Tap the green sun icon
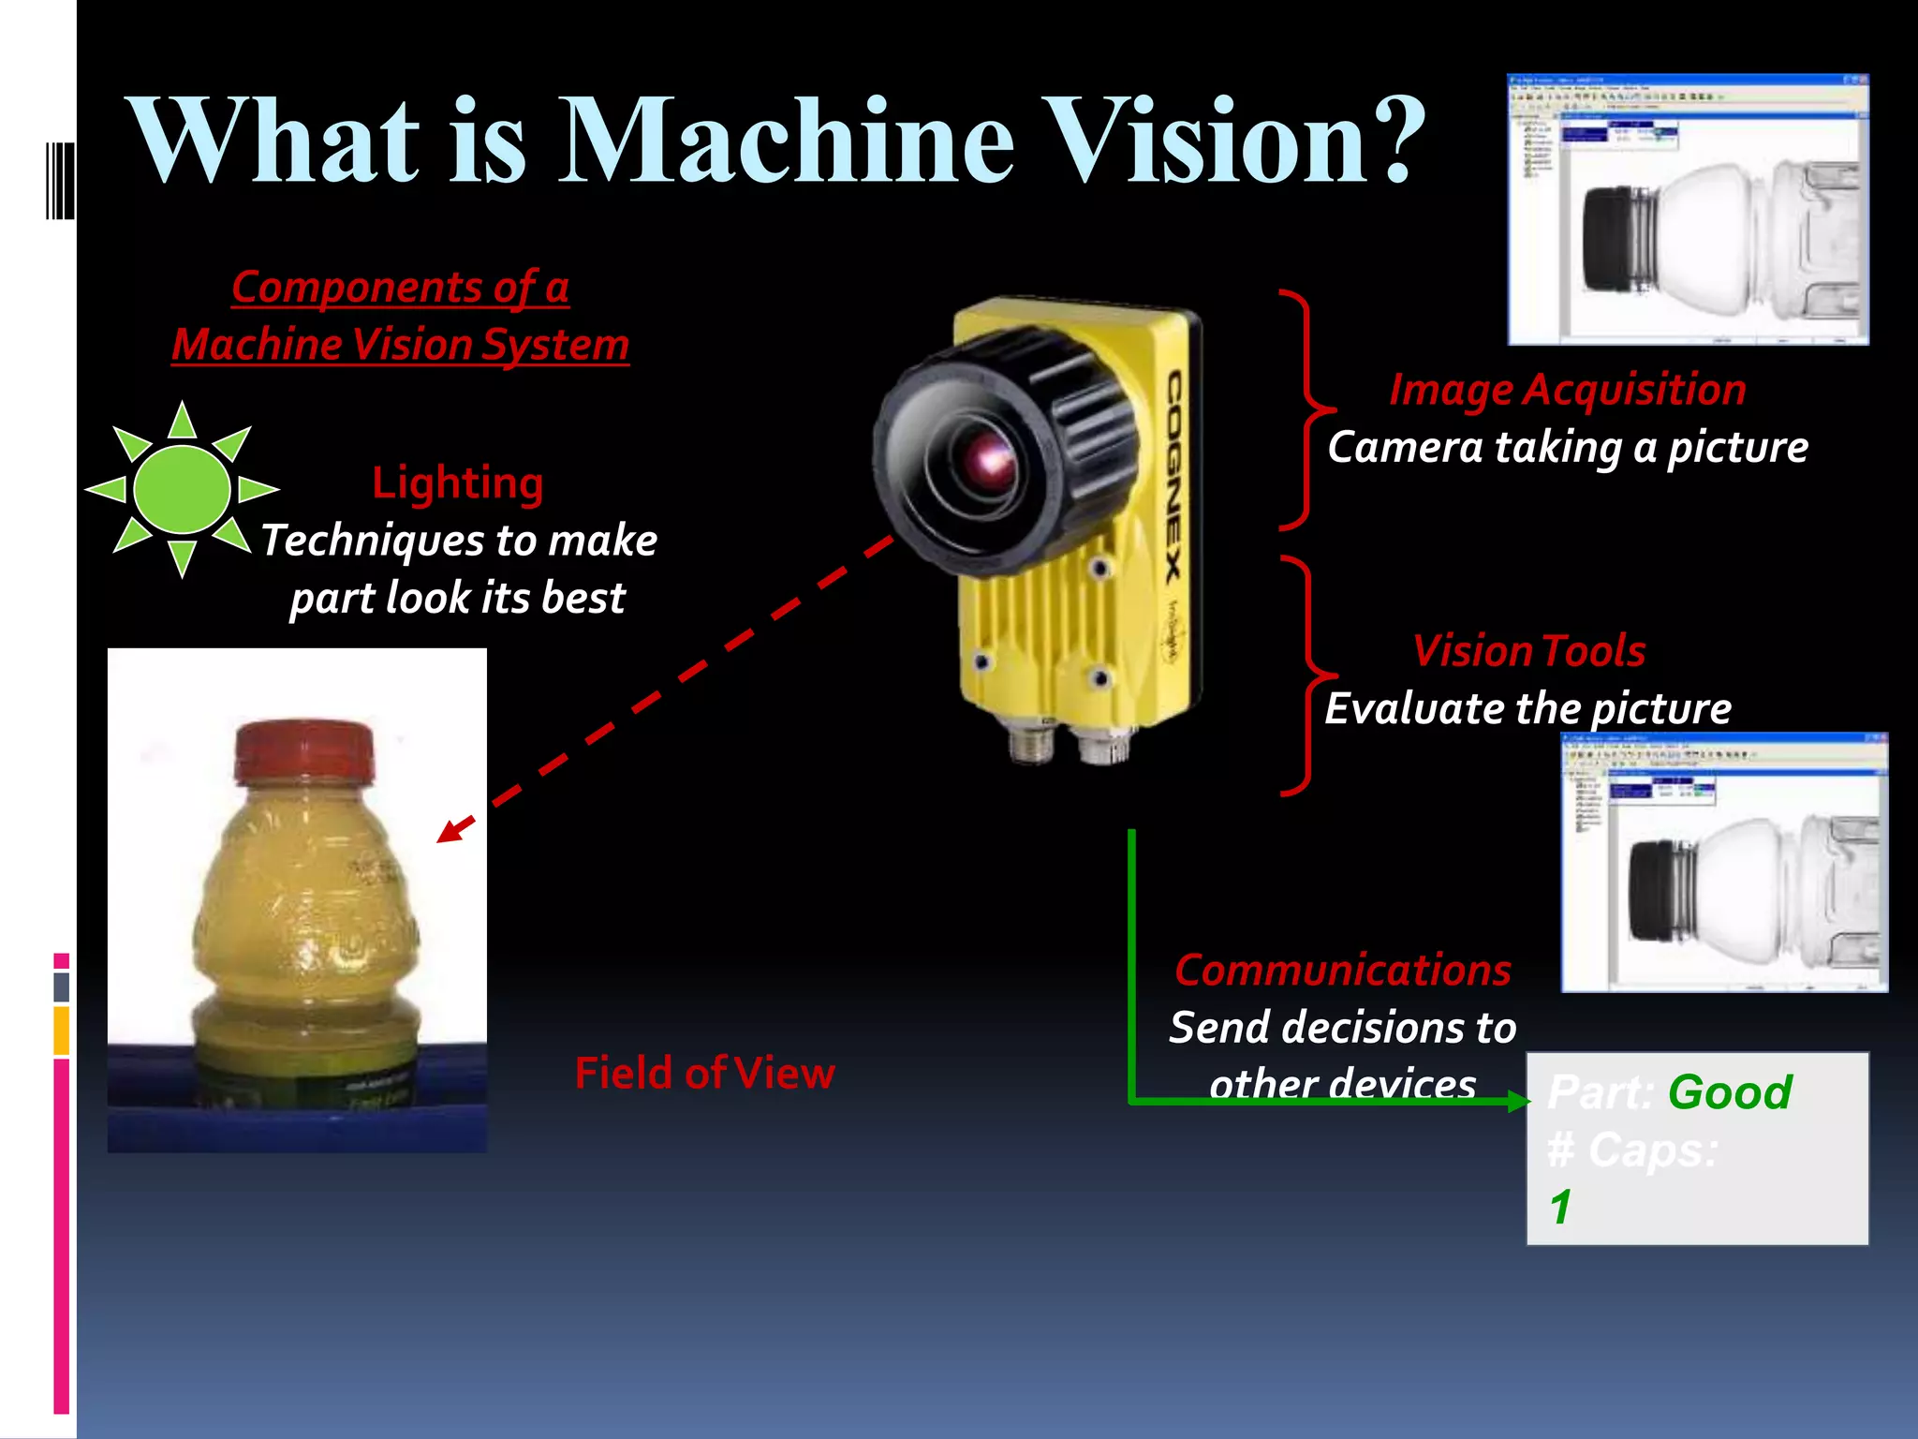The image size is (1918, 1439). [182, 489]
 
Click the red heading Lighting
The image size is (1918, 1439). [457, 483]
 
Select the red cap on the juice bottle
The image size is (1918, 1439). [304, 750]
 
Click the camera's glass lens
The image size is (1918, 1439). [989, 458]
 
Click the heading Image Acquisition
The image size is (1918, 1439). [1567, 390]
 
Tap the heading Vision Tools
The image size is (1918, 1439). [1528, 651]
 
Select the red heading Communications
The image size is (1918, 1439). [1342, 971]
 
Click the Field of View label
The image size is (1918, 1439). [704, 1073]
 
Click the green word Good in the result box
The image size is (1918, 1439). [1730, 1092]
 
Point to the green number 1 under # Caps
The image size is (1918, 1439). [1560, 1207]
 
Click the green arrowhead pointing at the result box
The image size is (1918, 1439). [1519, 1101]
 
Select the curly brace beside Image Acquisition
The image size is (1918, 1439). [1306, 409]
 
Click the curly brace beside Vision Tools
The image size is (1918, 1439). [1307, 675]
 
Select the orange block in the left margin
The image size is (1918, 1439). [62, 1031]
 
